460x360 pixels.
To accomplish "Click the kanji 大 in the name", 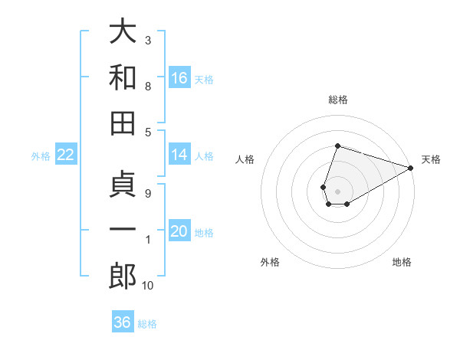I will [x=123, y=33].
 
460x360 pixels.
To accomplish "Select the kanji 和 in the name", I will [x=123, y=77].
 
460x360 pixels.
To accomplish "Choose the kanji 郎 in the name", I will [x=123, y=276].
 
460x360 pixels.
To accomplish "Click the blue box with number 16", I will [x=179, y=77].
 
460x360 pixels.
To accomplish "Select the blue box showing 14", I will [x=179, y=155].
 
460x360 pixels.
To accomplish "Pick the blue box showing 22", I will [x=66, y=155].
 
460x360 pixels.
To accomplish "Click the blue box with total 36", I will [x=123, y=322].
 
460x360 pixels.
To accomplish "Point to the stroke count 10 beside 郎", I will [x=148, y=286].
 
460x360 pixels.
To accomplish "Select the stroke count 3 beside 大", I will [x=147, y=39].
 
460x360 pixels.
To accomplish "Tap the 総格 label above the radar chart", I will [x=337, y=100].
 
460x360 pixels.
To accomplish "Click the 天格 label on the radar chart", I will [x=431, y=159].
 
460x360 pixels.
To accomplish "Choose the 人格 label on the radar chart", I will [x=245, y=159].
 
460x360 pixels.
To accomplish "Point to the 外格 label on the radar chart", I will [x=270, y=262].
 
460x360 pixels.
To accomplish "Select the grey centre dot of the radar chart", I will [x=337, y=190].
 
